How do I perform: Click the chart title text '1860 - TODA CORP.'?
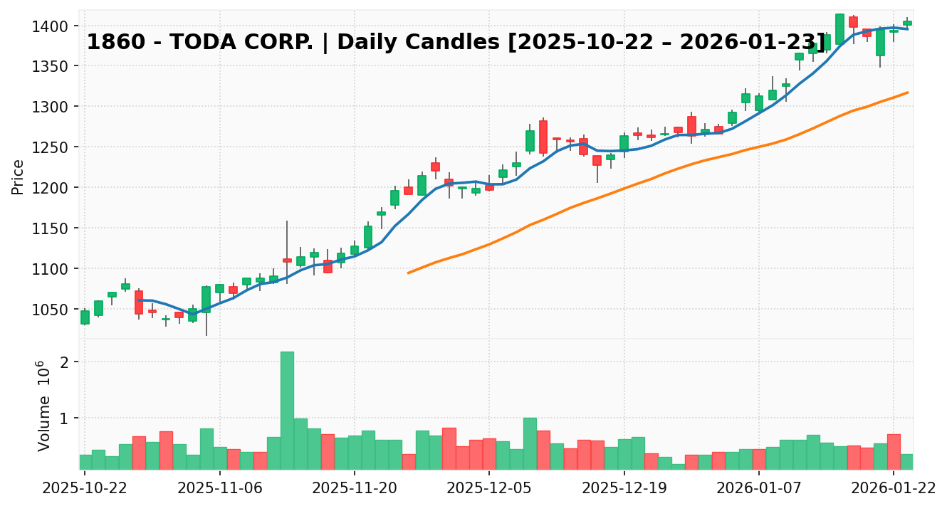point(200,43)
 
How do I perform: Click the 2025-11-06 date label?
point(220,489)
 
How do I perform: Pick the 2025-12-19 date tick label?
point(624,489)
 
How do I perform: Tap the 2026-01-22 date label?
point(894,489)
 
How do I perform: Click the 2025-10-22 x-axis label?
point(85,489)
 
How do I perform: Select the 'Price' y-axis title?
point(18,176)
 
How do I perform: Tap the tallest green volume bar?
point(287,411)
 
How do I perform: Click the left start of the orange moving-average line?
point(408,273)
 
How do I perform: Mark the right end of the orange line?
point(907,93)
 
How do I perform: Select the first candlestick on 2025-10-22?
point(85,317)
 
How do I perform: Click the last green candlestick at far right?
point(907,23)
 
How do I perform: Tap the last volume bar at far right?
point(907,462)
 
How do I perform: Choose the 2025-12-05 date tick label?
point(489,489)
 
